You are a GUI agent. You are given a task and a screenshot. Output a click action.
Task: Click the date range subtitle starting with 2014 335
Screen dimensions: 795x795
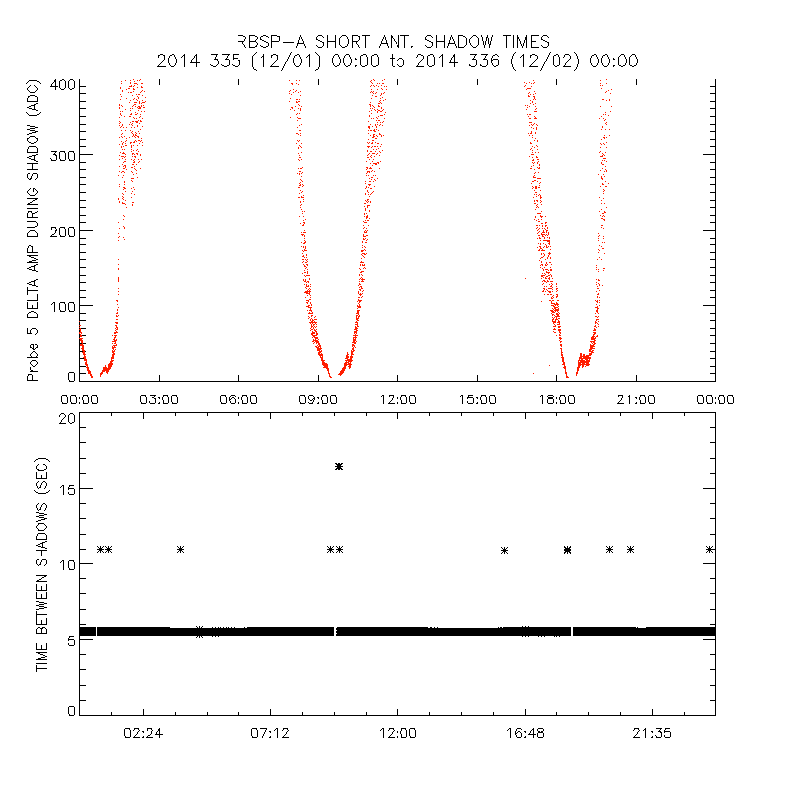click(x=397, y=61)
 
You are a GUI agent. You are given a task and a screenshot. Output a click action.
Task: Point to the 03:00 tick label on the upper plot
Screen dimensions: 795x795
click(x=159, y=398)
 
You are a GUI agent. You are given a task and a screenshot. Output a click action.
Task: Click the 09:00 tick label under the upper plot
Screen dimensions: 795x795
click(x=318, y=398)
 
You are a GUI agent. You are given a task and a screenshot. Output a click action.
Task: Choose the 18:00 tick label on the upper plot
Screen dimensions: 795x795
click(x=556, y=398)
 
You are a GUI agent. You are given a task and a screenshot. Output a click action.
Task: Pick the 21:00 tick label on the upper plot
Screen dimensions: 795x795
click(x=636, y=398)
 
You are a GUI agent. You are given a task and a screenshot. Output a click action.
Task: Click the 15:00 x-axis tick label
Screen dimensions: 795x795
click(x=477, y=398)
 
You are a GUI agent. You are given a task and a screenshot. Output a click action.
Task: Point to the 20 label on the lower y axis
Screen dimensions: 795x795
click(x=68, y=418)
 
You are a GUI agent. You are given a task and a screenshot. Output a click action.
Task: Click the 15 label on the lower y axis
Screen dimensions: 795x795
click(x=68, y=489)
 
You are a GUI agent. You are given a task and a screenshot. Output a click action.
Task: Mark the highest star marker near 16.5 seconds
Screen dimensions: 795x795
click(x=339, y=466)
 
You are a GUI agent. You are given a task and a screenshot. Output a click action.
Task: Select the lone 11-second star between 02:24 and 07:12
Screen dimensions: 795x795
click(x=180, y=549)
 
